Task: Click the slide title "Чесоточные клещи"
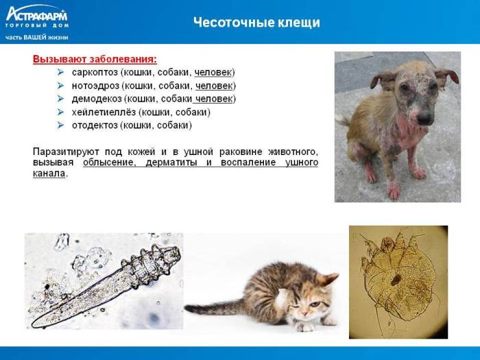pos(256,23)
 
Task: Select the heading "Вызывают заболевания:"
pos(95,59)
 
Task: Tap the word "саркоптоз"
pos(95,73)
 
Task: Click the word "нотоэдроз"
pos(95,86)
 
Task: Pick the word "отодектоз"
pos(95,125)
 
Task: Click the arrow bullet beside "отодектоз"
pos(61,125)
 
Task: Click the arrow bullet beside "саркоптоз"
pos(61,73)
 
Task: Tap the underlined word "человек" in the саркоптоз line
pos(213,73)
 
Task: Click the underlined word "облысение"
pos(108,163)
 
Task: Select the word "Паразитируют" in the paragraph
pos(65,151)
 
